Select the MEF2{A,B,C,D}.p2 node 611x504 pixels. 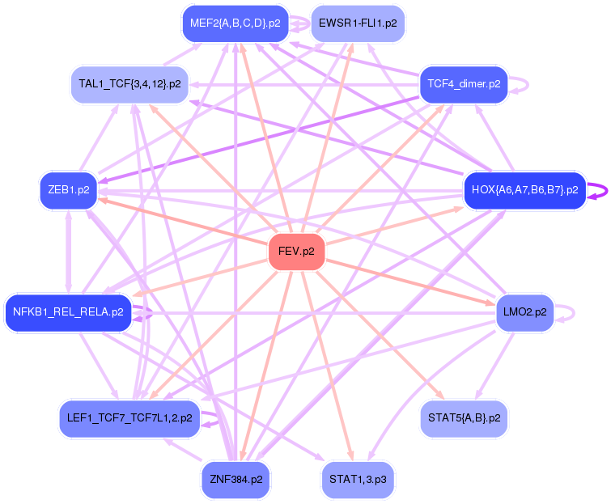pyautogui.click(x=235, y=23)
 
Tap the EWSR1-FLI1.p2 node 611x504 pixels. pyautogui.click(x=357, y=23)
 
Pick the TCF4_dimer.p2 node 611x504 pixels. pyautogui.click(x=463, y=84)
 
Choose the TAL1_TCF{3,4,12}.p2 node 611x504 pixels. pyautogui.click(x=129, y=84)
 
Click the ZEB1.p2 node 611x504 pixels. pyautogui.click(x=68, y=191)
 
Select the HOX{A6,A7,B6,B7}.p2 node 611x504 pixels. pyautogui.click(x=524, y=191)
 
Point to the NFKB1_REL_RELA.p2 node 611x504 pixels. pyautogui.click(x=68, y=312)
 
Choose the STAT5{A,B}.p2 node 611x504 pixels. pyautogui.click(x=463, y=418)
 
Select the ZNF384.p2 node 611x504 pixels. pyautogui.click(x=235, y=480)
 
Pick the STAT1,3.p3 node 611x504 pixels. pyautogui.click(x=357, y=480)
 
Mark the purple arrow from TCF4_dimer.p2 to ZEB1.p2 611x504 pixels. pyautogui.click(x=259, y=138)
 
